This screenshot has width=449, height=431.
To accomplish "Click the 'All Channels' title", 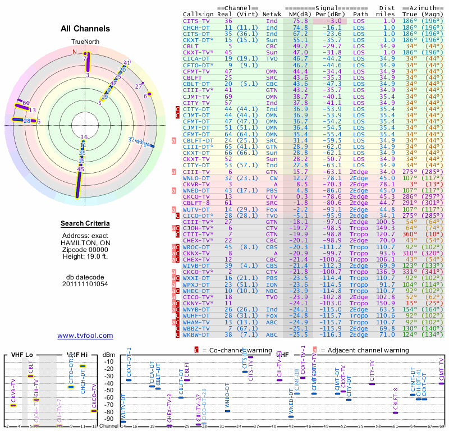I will click(x=85, y=29).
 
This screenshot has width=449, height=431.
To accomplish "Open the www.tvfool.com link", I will click(x=85, y=336).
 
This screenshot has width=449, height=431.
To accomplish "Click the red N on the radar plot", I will click(x=74, y=51).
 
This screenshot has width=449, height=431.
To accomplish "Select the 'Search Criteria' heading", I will click(x=85, y=224).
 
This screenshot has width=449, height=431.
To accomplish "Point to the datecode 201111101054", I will click(x=85, y=284).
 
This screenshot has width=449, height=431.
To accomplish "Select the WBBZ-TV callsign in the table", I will click(x=196, y=328).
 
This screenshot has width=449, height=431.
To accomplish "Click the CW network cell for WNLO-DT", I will click(x=272, y=177).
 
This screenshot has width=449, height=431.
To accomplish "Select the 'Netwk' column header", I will click(x=272, y=14).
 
